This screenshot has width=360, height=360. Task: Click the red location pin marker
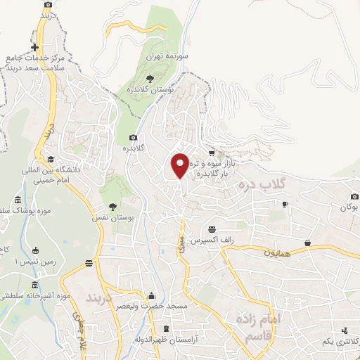click(x=180, y=165)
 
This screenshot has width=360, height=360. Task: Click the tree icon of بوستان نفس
click(x=112, y=207)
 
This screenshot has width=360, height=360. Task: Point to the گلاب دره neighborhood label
click(x=261, y=185)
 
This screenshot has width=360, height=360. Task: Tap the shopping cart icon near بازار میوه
click(x=211, y=153)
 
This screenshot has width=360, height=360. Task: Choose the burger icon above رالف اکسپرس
click(x=212, y=228)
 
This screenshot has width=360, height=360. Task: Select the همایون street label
click(x=276, y=250)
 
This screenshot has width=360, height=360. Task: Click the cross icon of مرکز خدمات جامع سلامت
click(x=34, y=48)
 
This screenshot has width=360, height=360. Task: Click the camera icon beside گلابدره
click(x=133, y=138)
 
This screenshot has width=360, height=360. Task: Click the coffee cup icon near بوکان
click(x=285, y=204)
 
